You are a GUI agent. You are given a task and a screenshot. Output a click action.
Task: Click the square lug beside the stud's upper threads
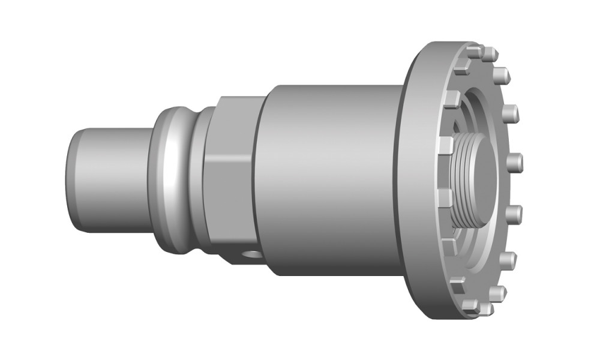(x=446, y=146)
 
